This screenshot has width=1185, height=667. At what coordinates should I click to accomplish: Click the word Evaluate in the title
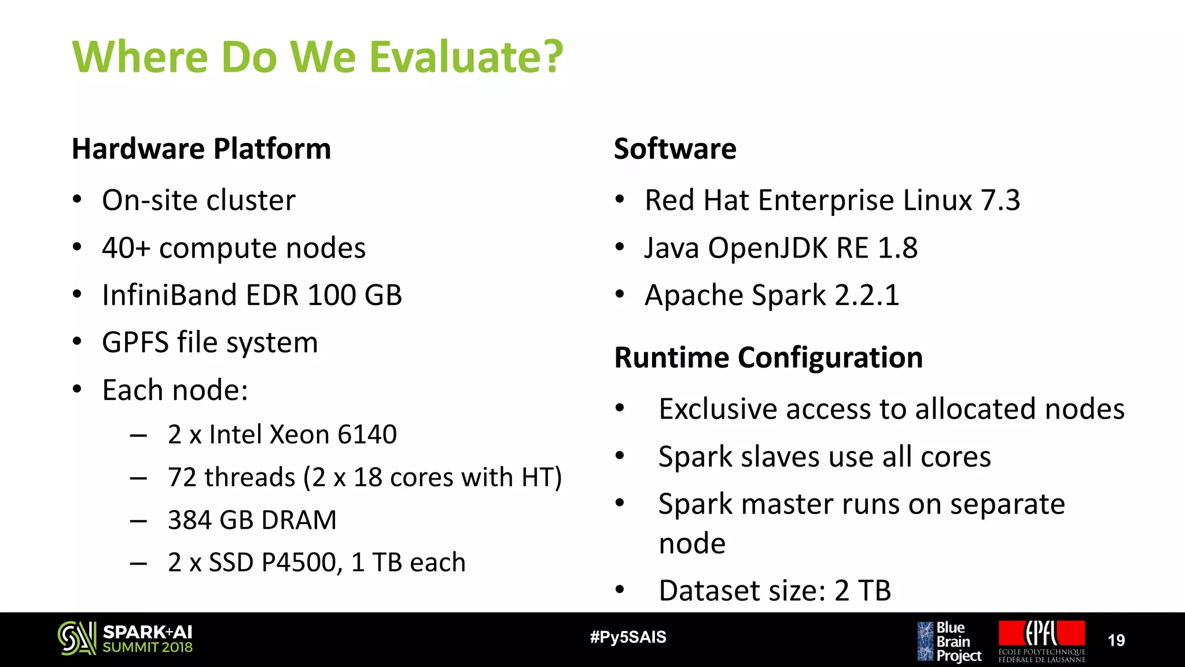466,57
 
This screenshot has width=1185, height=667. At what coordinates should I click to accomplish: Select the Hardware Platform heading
201,149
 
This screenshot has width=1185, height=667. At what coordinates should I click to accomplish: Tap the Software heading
675,149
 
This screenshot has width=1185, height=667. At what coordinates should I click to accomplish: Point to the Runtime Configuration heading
768,357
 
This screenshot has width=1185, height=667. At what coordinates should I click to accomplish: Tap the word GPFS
135,342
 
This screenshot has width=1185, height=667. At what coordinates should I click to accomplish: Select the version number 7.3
1000,200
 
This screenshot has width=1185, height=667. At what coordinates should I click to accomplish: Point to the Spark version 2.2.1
867,295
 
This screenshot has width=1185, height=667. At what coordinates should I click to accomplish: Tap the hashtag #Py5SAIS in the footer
628,637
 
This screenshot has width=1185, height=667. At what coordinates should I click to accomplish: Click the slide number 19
1116,640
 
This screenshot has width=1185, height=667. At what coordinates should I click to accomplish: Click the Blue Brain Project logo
949,641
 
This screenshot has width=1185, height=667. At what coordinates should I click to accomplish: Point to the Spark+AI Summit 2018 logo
125,639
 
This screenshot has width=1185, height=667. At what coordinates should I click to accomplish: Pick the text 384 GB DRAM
252,520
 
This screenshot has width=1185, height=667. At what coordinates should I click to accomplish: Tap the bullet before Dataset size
620,591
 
